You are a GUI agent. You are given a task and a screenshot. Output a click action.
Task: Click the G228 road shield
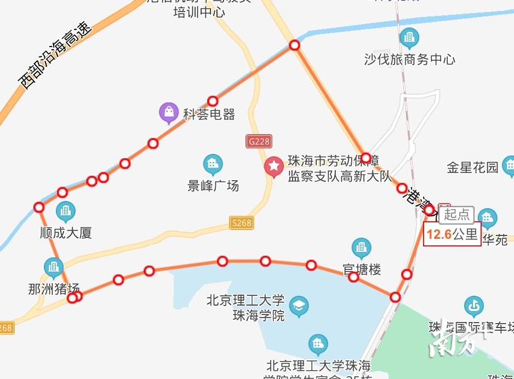pos(259,141)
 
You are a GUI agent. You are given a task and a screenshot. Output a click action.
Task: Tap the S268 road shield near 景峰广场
pos(241,222)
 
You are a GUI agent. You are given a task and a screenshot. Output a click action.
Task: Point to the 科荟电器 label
pos(209,114)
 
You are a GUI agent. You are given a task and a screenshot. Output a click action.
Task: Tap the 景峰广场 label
pos(213,185)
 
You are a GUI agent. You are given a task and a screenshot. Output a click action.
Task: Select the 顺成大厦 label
pos(66,233)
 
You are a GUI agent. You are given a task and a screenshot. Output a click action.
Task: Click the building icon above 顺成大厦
pos(66,211)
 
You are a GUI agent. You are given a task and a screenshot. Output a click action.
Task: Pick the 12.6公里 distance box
pos(452,234)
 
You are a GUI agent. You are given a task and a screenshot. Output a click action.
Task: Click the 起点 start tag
pos(456,214)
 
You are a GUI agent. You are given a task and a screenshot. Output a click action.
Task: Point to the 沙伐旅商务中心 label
pos(409,59)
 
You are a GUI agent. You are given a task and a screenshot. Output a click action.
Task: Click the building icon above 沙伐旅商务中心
pos(409,38)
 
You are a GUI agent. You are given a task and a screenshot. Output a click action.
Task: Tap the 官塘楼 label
pos(362,269)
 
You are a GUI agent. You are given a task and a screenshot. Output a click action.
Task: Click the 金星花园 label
pos(472,168)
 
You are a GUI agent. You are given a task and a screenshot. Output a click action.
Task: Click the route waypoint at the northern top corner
pos(295,45)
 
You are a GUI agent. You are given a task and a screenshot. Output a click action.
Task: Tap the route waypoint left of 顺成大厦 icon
pos(39,207)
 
